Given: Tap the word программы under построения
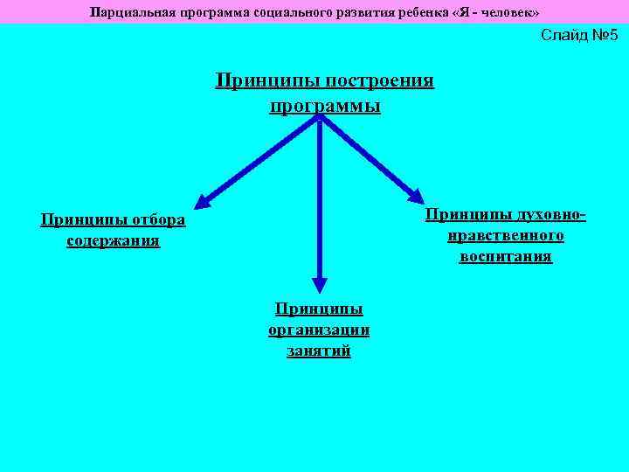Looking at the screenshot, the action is coord(325,106).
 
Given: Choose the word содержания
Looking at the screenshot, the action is coord(113,239).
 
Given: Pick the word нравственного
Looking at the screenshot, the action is coord(505,235).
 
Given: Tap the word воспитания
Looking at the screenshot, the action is coord(505,256).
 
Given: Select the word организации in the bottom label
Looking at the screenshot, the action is coord(319,330).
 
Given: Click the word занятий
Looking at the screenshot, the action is coord(319,351).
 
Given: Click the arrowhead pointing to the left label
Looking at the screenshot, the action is coord(201,202).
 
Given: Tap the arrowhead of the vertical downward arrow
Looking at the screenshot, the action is coord(320,284).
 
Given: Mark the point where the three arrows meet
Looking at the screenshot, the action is coord(320,119).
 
